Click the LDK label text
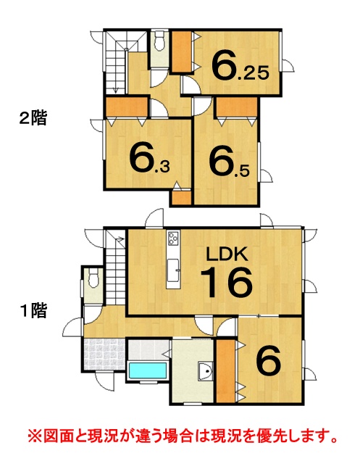point(227,254)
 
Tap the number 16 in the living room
point(227,282)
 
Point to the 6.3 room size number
point(149,159)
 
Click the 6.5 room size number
point(229,161)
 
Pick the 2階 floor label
point(33,118)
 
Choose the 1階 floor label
point(33,310)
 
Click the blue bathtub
point(147,370)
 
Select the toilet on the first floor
point(93,279)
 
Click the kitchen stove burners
point(173,238)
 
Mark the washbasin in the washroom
point(206,371)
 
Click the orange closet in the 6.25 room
point(182,51)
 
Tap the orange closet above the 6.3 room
point(127,107)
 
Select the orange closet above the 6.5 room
point(237,107)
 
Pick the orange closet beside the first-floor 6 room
point(226,371)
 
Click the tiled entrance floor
point(104,354)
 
